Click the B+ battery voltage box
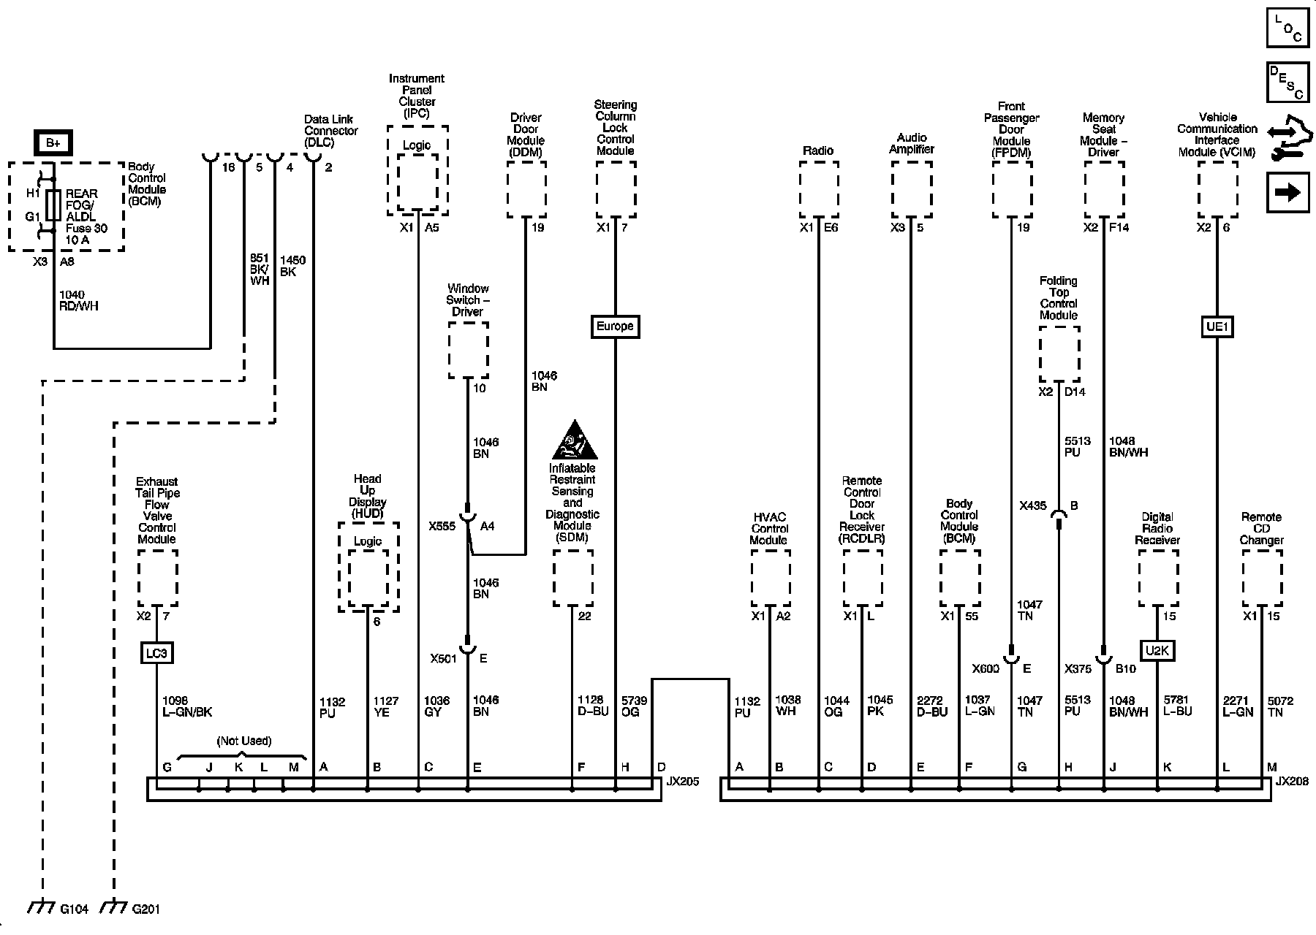pyautogui.click(x=53, y=143)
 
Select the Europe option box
pyautogui.click(x=615, y=326)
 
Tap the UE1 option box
pyautogui.click(x=1217, y=327)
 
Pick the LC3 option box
pyautogui.click(x=156, y=652)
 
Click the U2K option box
pyautogui.click(x=1157, y=650)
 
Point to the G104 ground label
pyautogui.click(x=74, y=909)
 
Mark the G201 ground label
pyautogui.click(x=145, y=909)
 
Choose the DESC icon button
pyautogui.click(x=1287, y=82)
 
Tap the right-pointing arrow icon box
pyautogui.click(x=1287, y=192)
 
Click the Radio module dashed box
pyautogui.click(x=819, y=189)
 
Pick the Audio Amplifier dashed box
pyautogui.click(x=911, y=189)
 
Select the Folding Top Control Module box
pyautogui.click(x=1059, y=354)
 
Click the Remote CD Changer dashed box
pyautogui.click(x=1262, y=577)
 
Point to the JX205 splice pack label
pyautogui.click(x=682, y=782)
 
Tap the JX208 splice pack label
pyautogui.click(x=1292, y=782)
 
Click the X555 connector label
pyautogui.click(x=442, y=526)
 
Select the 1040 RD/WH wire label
pyautogui.click(x=78, y=300)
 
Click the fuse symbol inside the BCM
pyautogui.click(x=53, y=205)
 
